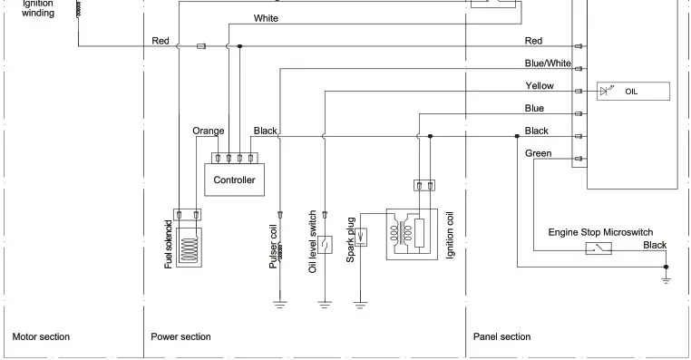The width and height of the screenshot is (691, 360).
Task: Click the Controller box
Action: point(234,180)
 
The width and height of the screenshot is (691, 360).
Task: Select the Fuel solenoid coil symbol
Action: point(190,246)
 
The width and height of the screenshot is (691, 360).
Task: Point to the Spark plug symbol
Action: point(360,238)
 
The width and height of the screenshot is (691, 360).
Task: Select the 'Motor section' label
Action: point(41,336)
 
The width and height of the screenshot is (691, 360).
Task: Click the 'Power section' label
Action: point(181,336)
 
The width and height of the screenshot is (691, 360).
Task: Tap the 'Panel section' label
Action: point(501,336)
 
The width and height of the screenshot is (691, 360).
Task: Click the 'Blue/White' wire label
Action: point(548,63)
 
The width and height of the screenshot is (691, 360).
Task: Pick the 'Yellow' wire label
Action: point(540,85)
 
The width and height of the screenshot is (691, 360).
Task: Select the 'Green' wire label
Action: point(538,153)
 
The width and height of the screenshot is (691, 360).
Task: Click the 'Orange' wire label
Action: point(208,131)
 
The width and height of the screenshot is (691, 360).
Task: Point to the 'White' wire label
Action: point(266,18)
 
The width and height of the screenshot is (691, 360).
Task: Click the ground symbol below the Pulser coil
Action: point(279,305)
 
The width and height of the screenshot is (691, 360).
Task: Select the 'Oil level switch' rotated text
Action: point(313,243)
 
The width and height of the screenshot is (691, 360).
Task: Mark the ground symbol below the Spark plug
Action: point(360,305)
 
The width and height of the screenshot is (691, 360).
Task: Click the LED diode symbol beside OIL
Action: point(606,91)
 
